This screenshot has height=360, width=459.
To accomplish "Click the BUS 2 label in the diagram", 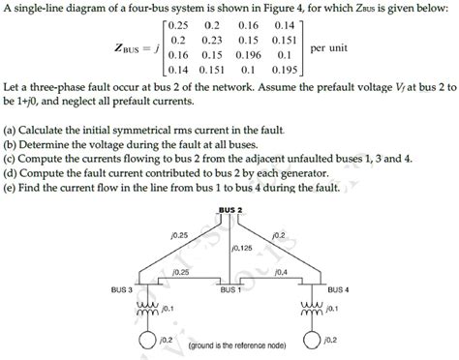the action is pyautogui.click(x=230, y=210).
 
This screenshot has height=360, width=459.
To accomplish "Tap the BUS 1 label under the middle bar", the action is pyautogui.click(x=230, y=289).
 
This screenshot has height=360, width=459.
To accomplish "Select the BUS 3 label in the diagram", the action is pyautogui.click(x=122, y=289).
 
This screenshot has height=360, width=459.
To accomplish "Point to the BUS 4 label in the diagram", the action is pyautogui.click(x=340, y=289).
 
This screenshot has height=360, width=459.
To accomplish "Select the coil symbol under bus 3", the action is pyautogui.click(x=147, y=310).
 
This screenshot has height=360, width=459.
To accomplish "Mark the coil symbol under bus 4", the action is pyautogui.click(x=312, y=310).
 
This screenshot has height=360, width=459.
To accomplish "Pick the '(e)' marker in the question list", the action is pyautogui.click(x=11, y=187).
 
